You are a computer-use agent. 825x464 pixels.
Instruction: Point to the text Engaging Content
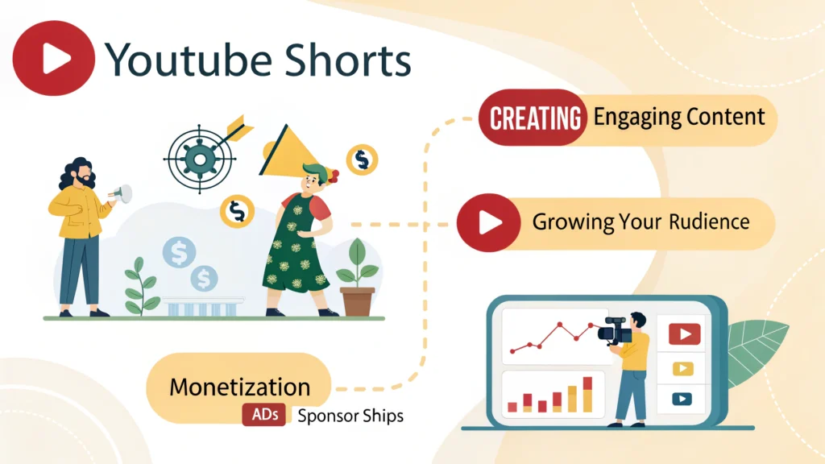tap(679, 118)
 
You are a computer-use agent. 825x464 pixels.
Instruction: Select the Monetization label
tap(239, 387)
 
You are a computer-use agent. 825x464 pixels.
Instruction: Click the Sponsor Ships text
tap(350, 416)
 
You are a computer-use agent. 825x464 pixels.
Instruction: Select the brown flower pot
tap(358, 300)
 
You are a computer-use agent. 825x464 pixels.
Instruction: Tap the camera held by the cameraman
tap(615, 330)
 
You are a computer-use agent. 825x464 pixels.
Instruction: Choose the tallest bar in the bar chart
tap(587, 394)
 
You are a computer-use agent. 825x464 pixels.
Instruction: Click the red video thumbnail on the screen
tap(684, 333)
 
